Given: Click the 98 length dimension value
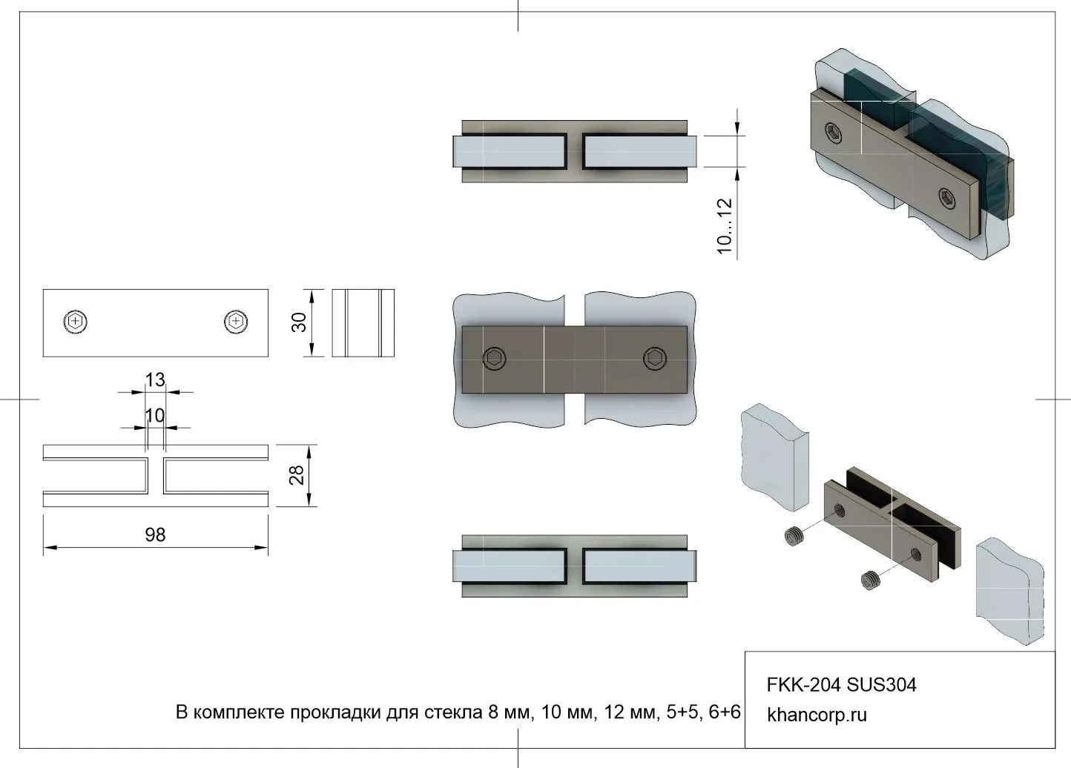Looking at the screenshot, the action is click(156, 534).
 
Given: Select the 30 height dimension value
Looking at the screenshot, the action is click(299, 322).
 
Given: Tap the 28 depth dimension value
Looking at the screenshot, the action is click(297, 475).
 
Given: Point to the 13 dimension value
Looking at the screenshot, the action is click(155, 380).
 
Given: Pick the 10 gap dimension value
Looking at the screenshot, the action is click(155, 416).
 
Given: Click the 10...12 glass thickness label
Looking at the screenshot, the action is click(725, 226).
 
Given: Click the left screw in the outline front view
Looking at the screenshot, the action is click(75, 322).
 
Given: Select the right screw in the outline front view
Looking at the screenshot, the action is click(236, 322).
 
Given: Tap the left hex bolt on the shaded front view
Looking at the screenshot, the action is click(494, 359).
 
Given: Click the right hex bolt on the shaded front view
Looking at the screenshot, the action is click(655, 359).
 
